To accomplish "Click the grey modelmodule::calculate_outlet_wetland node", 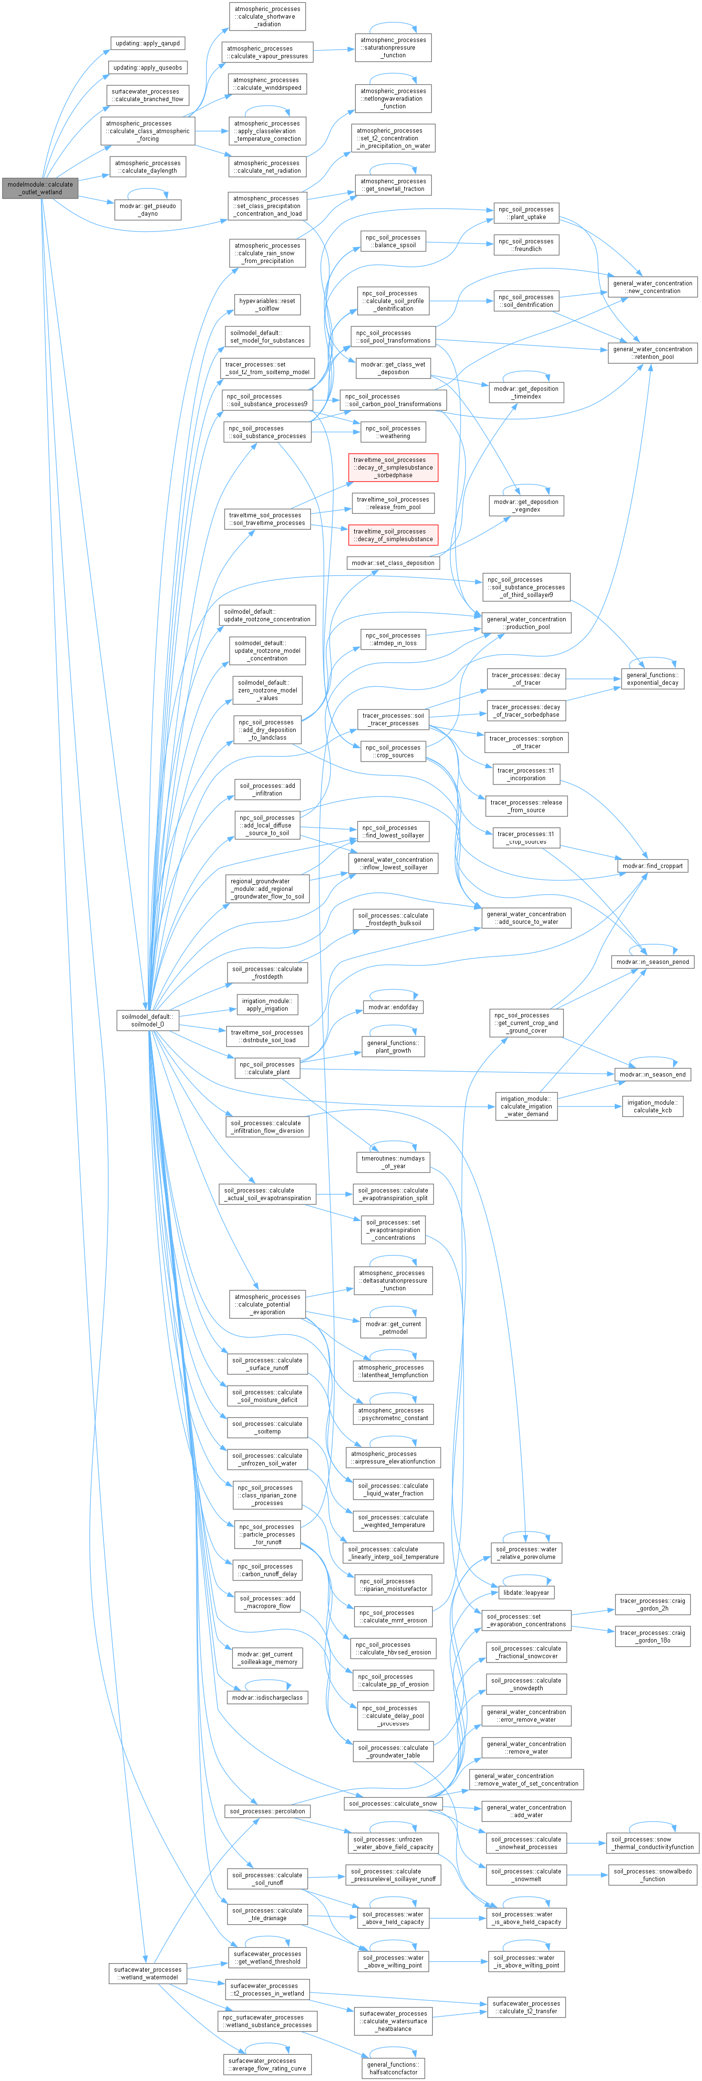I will coord(40,188).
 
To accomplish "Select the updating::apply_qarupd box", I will coord(147,43).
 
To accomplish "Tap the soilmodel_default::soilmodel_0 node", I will coord(147,1020).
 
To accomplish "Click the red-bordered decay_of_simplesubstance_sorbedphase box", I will coord(393,468).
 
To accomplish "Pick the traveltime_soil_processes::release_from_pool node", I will coord(393,503).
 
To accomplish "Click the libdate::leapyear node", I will coord(526,1592).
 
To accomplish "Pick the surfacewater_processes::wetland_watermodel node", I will coord(147,1974).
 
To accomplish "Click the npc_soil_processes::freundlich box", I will coord(526,245).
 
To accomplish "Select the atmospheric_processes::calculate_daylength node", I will coord(147,167).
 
